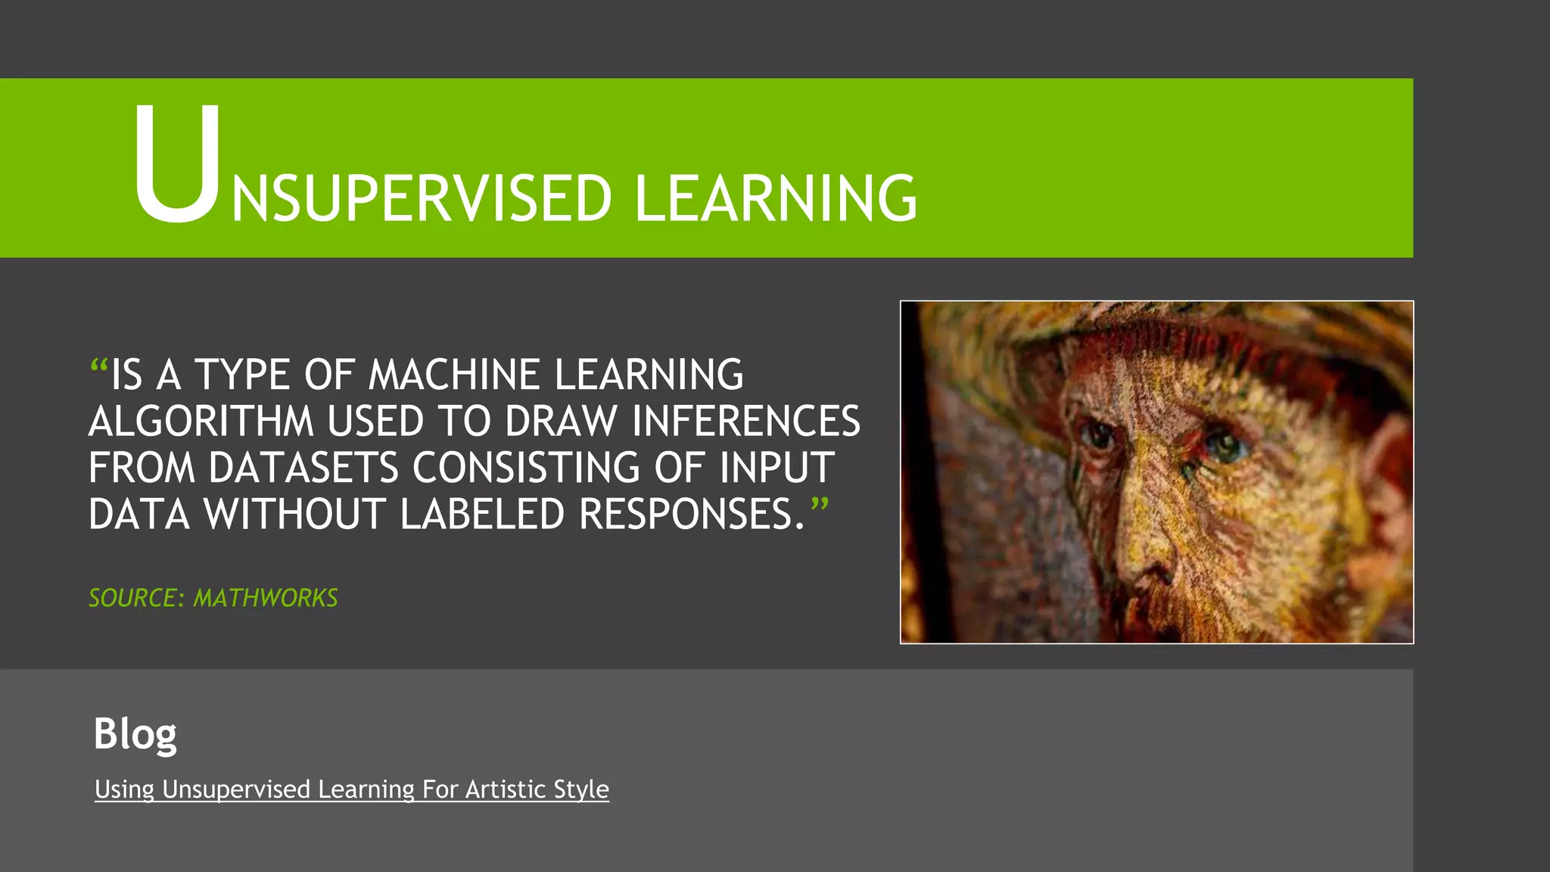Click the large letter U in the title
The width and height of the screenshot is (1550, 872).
pyautogui.click(x=177, y=165)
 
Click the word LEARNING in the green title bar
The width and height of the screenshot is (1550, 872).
pyautogui.click(x=775, y=198)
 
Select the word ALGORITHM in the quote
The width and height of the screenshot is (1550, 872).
pyautogui.click(x=201, y=422)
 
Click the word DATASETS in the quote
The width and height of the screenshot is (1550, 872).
pyautogui.click(x=303, y=468)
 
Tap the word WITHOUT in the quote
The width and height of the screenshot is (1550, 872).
pyautogui.click(x=295, y=515)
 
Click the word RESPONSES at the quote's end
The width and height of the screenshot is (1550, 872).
pyautogui.click(x=685, y=515)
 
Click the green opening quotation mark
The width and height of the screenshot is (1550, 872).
pyautogui.click(x=99, y=367)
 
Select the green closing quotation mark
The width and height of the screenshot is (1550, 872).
pyautogui.click(x=820, y=506)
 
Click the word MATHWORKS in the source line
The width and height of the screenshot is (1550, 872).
pyautogui.click(x=266, y=598)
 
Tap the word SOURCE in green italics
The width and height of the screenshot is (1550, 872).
pyautogui.click(x=133, y=598)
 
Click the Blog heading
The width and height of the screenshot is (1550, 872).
pyautogui.click(x=135, y=733)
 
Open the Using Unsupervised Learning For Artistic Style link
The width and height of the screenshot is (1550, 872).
pyautogui.click(x=351, y=789)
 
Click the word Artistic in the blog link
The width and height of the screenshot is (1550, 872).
pyautogui.click(x=506, y=789)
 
